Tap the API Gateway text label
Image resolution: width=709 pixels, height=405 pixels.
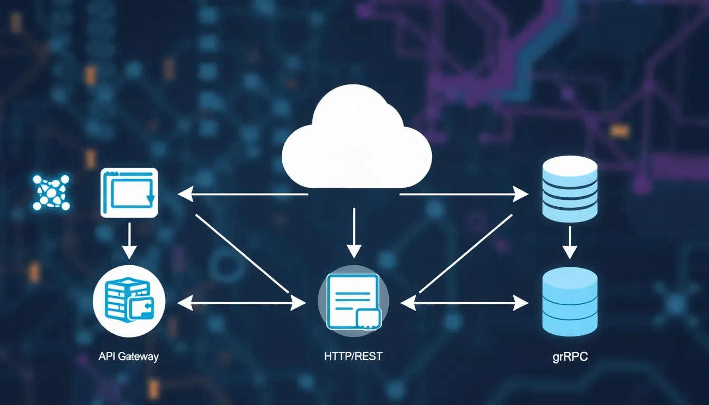[128, 356]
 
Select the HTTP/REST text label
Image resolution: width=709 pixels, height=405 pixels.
[353, 356]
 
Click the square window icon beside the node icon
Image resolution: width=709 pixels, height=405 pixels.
[129, 192]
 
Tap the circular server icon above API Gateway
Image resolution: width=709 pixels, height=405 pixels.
[129, 301]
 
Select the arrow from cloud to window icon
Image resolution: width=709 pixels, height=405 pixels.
[243, 195]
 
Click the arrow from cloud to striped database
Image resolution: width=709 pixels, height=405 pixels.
[464, 195]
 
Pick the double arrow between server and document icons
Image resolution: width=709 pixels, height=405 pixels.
[242, 303]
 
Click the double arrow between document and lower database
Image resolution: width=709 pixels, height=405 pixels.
[464, 303]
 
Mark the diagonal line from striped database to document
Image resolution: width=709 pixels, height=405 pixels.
[466, 253]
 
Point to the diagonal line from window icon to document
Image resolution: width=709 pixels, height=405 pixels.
[242, 253]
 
